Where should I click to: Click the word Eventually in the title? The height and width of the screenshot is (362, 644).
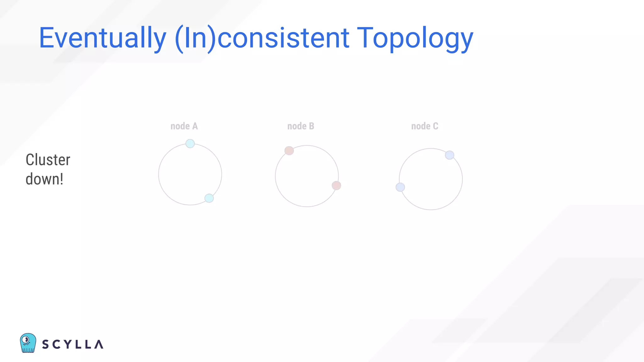[x=103, y=38]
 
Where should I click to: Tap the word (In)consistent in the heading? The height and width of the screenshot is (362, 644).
[x=262, y=38]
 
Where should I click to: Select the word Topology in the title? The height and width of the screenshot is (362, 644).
[x=415, y=38]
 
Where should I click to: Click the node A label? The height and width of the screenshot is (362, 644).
[x=184, y=126]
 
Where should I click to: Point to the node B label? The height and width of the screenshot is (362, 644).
[x=301, y=126]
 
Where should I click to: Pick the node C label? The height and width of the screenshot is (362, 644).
[x=425, y=126]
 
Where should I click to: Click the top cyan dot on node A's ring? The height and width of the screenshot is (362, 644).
[x=190, y=144]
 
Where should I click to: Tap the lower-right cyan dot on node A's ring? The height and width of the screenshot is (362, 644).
[x=209, y=198]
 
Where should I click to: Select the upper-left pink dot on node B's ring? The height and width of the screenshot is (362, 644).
[x=289, y=151]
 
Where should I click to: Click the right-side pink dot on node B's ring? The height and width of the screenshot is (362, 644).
[x=336, y=185]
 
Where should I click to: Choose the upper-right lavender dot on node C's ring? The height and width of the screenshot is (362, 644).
[x=450, y=155]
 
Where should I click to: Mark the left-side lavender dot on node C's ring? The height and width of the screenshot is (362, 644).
[x=400, y=187]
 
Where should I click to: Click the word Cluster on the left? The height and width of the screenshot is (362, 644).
[x=48, y=160]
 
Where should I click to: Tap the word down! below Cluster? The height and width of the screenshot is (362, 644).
[x=44, y=179]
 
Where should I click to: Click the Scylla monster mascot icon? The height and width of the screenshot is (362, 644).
[x=28, y=343]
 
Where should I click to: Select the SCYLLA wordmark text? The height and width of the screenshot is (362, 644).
[x=73, y=344]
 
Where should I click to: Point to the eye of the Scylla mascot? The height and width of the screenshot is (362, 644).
[x=26, y=339]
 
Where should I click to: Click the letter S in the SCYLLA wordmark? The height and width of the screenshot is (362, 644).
[x=46, y=344]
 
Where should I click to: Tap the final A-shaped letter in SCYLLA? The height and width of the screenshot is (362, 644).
[x=99, y=344]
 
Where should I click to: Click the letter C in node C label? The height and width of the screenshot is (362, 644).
[x=436, y=126]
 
